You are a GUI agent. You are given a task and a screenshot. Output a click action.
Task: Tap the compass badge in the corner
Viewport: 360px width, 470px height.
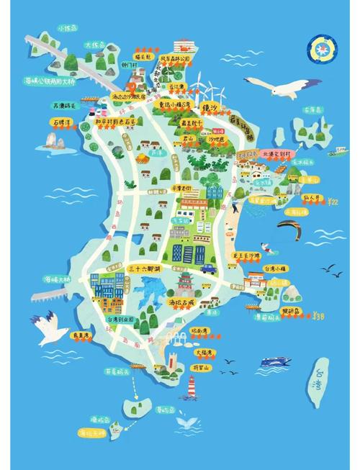[319, 48]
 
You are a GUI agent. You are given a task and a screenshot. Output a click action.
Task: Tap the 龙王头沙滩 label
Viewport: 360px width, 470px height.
[245, 256]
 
